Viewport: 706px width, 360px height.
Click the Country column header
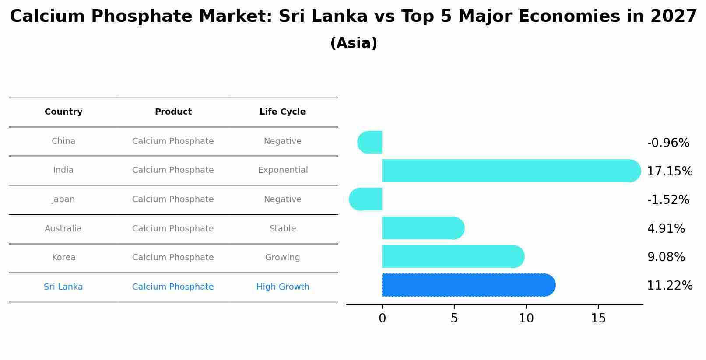[63, 112]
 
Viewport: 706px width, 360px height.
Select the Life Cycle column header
[282, 112]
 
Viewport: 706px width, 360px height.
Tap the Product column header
[173, 112]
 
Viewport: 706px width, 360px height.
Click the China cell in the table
[63, 141]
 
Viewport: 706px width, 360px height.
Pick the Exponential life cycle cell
[283, 170]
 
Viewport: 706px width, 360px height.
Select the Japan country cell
[63, 199]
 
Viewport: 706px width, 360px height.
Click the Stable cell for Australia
[283, 229]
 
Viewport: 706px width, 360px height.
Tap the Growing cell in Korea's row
[283, 258]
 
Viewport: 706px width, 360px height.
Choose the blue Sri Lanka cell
[63, 287]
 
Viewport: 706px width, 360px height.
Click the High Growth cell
[283, 287]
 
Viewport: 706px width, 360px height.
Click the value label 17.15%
[670, 171]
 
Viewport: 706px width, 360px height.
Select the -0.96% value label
[668, 143]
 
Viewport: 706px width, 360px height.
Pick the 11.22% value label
[670, 286]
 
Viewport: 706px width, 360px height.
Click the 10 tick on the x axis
[526, 318]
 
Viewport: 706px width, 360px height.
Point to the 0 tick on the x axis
[382, 318]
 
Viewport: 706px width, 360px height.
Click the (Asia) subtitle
[354, 43]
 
